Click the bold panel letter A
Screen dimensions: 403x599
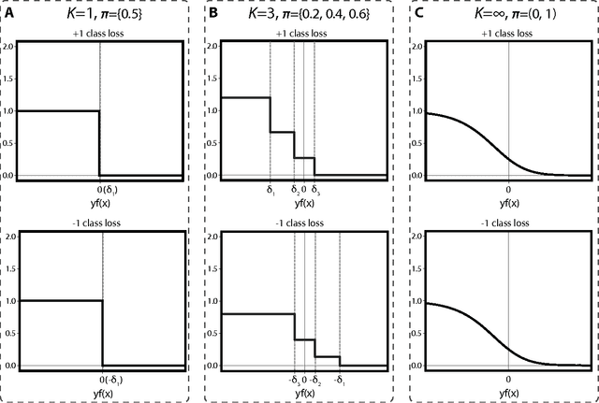coord(9,13)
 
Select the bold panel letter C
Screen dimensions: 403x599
coord(416,13)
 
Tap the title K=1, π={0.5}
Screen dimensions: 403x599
coord(99,13)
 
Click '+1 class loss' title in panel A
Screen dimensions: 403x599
coord(100,33)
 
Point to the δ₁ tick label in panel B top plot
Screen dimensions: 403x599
coord(270,190)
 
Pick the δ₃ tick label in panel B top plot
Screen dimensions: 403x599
coord(315,190)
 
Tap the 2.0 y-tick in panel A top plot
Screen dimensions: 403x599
coord(7,45)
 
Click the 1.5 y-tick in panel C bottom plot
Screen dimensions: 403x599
coord(417,268)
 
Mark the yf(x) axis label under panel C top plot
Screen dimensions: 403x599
coord(509,202)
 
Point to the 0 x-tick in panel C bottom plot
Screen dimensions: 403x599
coord(509,380)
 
